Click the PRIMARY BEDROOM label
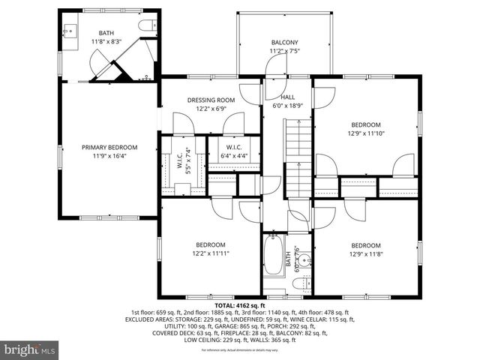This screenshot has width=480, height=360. click(109, 148)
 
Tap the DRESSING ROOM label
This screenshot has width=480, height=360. click(211, 100)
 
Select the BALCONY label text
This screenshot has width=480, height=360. click(284, 43)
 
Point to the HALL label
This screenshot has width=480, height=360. click(288, 97)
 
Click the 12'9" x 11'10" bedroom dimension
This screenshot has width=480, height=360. click(365, 133)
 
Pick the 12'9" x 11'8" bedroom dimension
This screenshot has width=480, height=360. click(365, 254)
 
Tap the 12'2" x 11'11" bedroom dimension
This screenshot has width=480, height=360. click(211, 253)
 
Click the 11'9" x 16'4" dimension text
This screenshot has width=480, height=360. click(109, 157)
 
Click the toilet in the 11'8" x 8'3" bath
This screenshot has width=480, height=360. click(146, 27)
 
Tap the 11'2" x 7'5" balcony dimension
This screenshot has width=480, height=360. click(284, 52)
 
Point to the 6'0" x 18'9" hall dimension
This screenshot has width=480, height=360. click(288, 106)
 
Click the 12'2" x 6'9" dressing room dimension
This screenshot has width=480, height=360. click(211, 109)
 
